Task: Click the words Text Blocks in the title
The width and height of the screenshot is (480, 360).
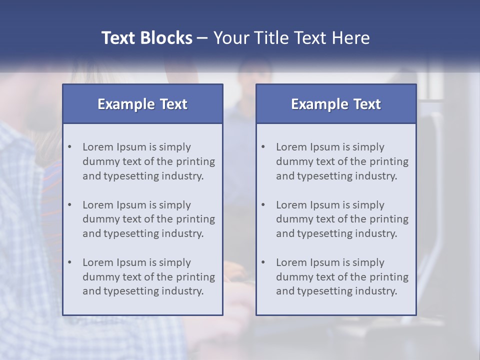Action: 146,38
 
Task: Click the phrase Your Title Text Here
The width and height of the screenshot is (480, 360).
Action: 291,38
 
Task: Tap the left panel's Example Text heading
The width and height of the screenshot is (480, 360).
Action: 142,104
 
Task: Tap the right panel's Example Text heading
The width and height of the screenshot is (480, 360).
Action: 336,104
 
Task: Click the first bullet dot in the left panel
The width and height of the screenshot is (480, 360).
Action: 69,147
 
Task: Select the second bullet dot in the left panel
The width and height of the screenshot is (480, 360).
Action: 69,205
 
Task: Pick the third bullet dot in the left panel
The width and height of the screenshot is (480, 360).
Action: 69,262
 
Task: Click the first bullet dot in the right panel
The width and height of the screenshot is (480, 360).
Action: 263,147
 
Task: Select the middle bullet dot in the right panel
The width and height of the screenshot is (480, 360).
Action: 263,205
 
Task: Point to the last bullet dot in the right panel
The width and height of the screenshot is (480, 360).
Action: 263,262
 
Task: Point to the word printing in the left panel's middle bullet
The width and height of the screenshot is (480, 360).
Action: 196,219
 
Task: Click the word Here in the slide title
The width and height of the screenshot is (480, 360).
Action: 353,38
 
